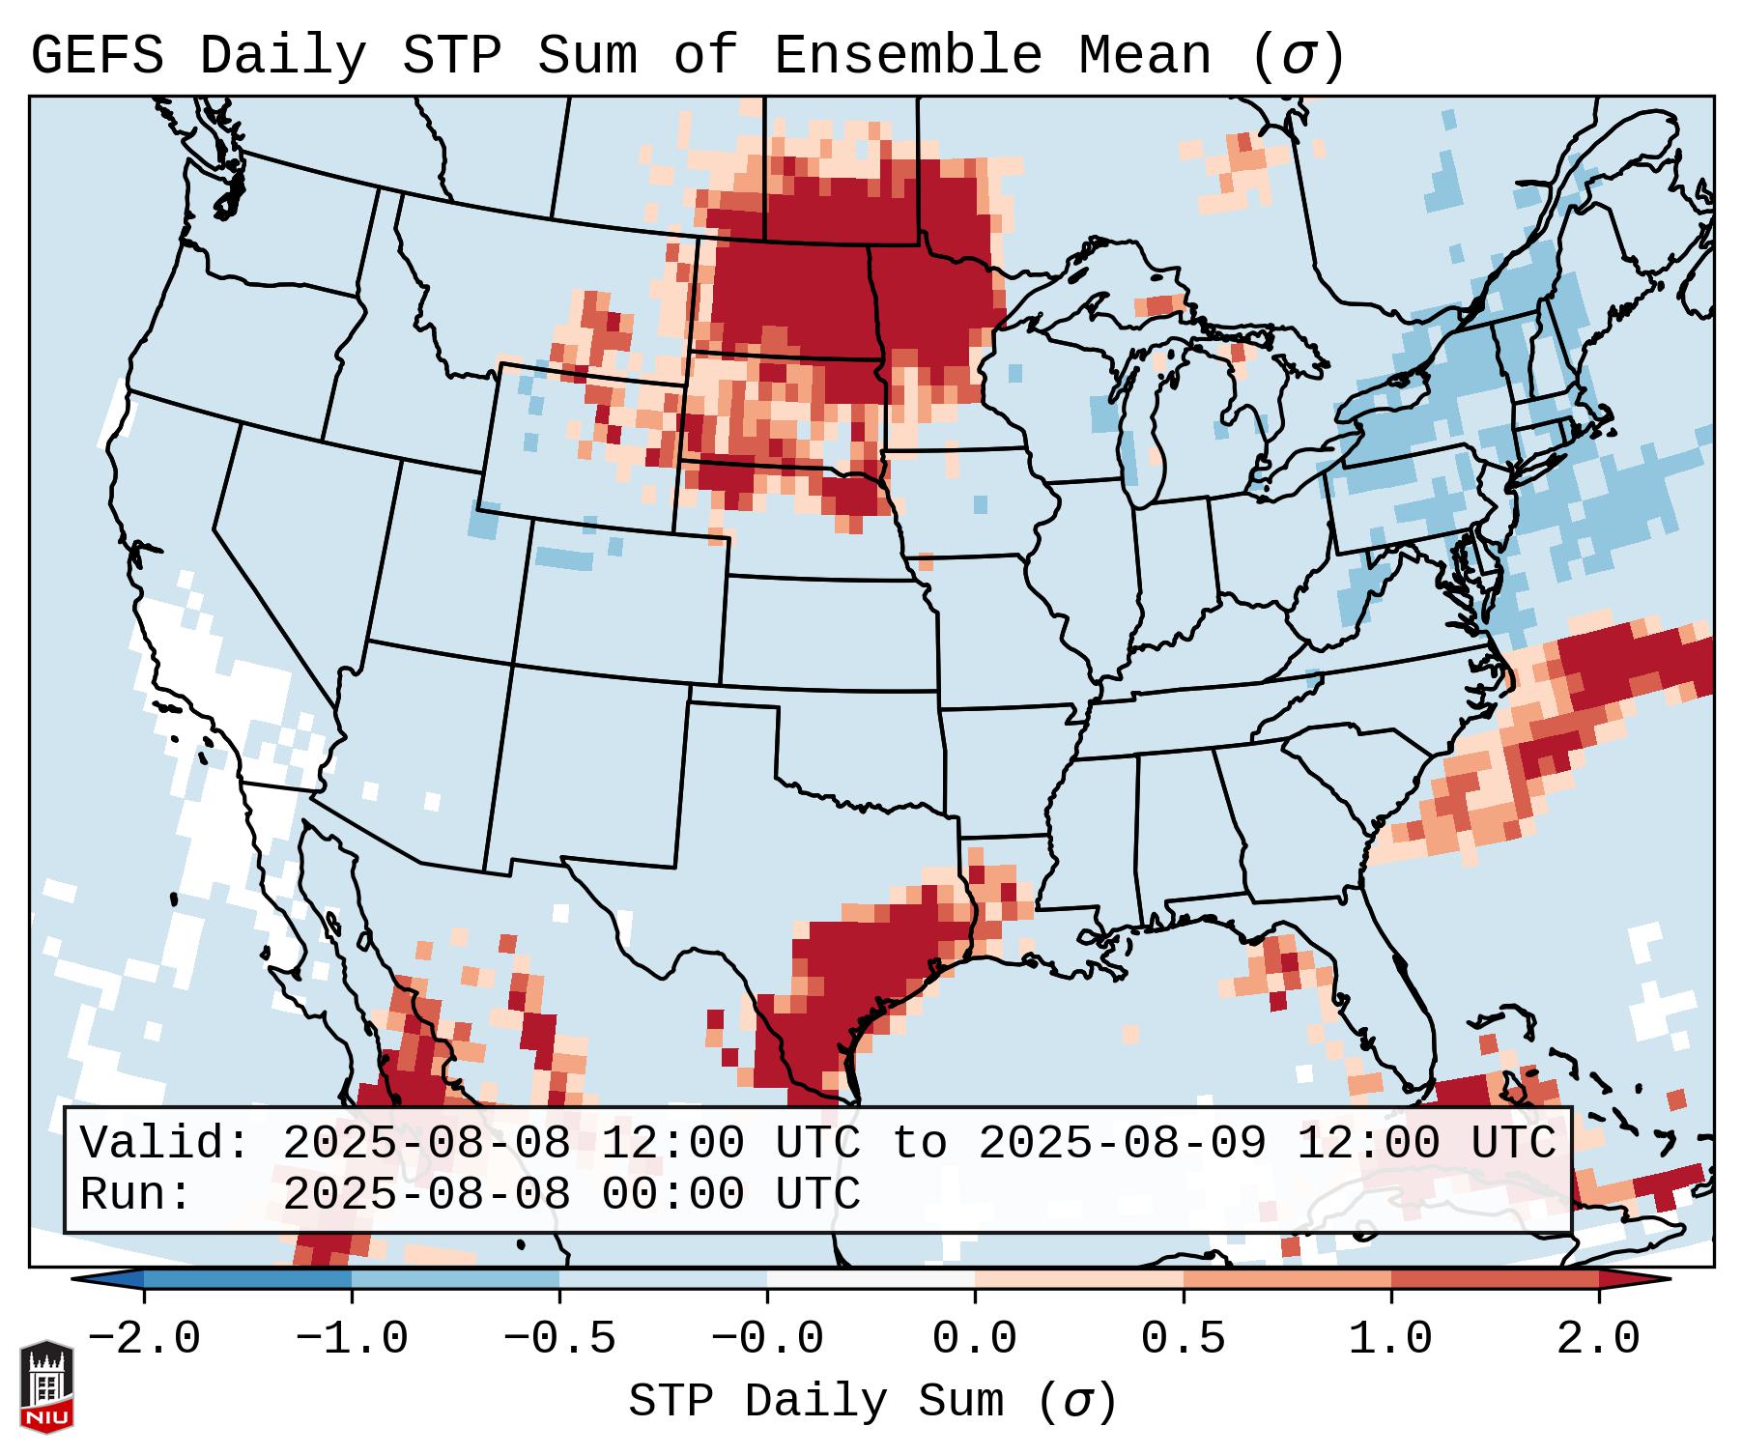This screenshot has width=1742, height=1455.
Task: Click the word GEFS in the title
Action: (x=97, y=56)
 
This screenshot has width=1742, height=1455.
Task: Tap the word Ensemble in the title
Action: (x=907, y=56)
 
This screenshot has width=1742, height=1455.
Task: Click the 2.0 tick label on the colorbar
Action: (x=1598, y=1339)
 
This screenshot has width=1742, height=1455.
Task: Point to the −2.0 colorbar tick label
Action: (x=144, y=1339)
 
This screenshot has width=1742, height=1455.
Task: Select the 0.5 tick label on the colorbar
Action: (x=1183, y=1339)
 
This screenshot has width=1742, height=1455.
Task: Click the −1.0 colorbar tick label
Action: (x=352, y=1339)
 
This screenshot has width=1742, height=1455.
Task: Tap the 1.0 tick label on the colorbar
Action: (x=1390, y=1339)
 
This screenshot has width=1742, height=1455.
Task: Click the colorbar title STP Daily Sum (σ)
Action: (x=872, y=1401)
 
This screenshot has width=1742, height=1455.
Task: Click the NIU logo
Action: (x=46, y=1386)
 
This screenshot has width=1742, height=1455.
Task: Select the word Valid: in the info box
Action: (x=164, y=1143)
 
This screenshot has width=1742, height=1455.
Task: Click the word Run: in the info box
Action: (x=135, y=1194)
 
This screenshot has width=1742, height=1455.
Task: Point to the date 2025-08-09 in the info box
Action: (x=1122, y=1143)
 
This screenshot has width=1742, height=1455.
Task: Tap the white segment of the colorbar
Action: (x=871, y=1279)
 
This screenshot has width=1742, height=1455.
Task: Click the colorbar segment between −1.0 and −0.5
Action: (x=455, y=1279)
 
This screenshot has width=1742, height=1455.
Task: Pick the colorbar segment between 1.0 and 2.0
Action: (x=1495, y=1279)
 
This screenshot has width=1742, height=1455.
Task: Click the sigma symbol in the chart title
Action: (x=1298, y=56)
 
